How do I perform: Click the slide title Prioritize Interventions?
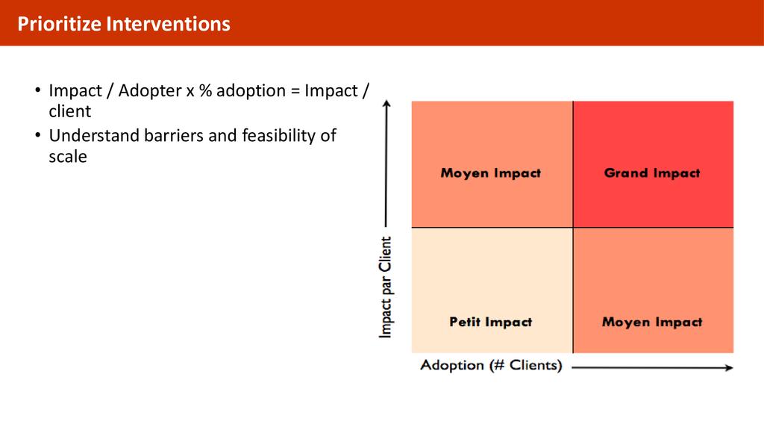[x=124, y=24]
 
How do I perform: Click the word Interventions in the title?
[x=168, y=24]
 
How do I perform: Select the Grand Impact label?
[x=652, y=173]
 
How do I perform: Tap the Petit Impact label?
[x=490, y=322]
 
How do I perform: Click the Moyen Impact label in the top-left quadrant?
[x=490, y=173]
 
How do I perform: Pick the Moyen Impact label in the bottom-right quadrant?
[x=652, y=322]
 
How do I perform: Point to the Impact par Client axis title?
[x=386, y=287]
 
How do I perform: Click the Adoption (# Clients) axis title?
[x=491, y=366]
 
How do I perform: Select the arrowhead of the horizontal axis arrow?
[x=729, y=367]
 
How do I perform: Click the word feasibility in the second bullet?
[x=278, y=136]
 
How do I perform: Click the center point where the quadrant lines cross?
[x=573, y=227]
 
